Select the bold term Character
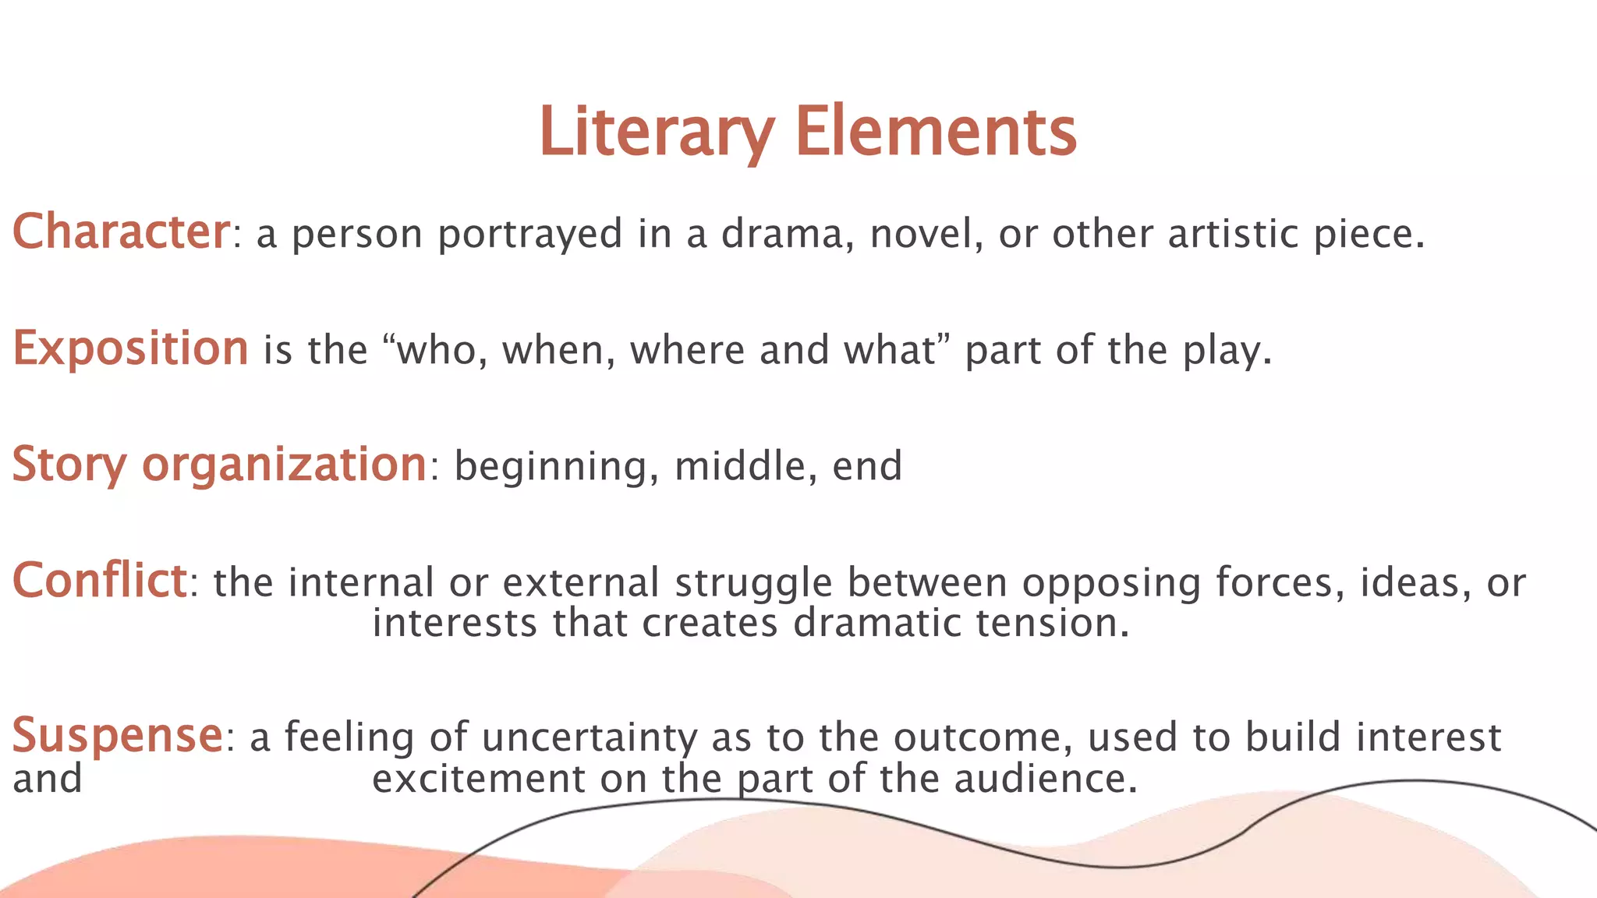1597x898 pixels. click(121, 232)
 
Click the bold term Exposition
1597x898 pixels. click(130, 348)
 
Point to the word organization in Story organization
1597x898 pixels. click(284, 465)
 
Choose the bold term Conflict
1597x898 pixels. click(99, 582)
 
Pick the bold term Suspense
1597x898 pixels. click(118, 736)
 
